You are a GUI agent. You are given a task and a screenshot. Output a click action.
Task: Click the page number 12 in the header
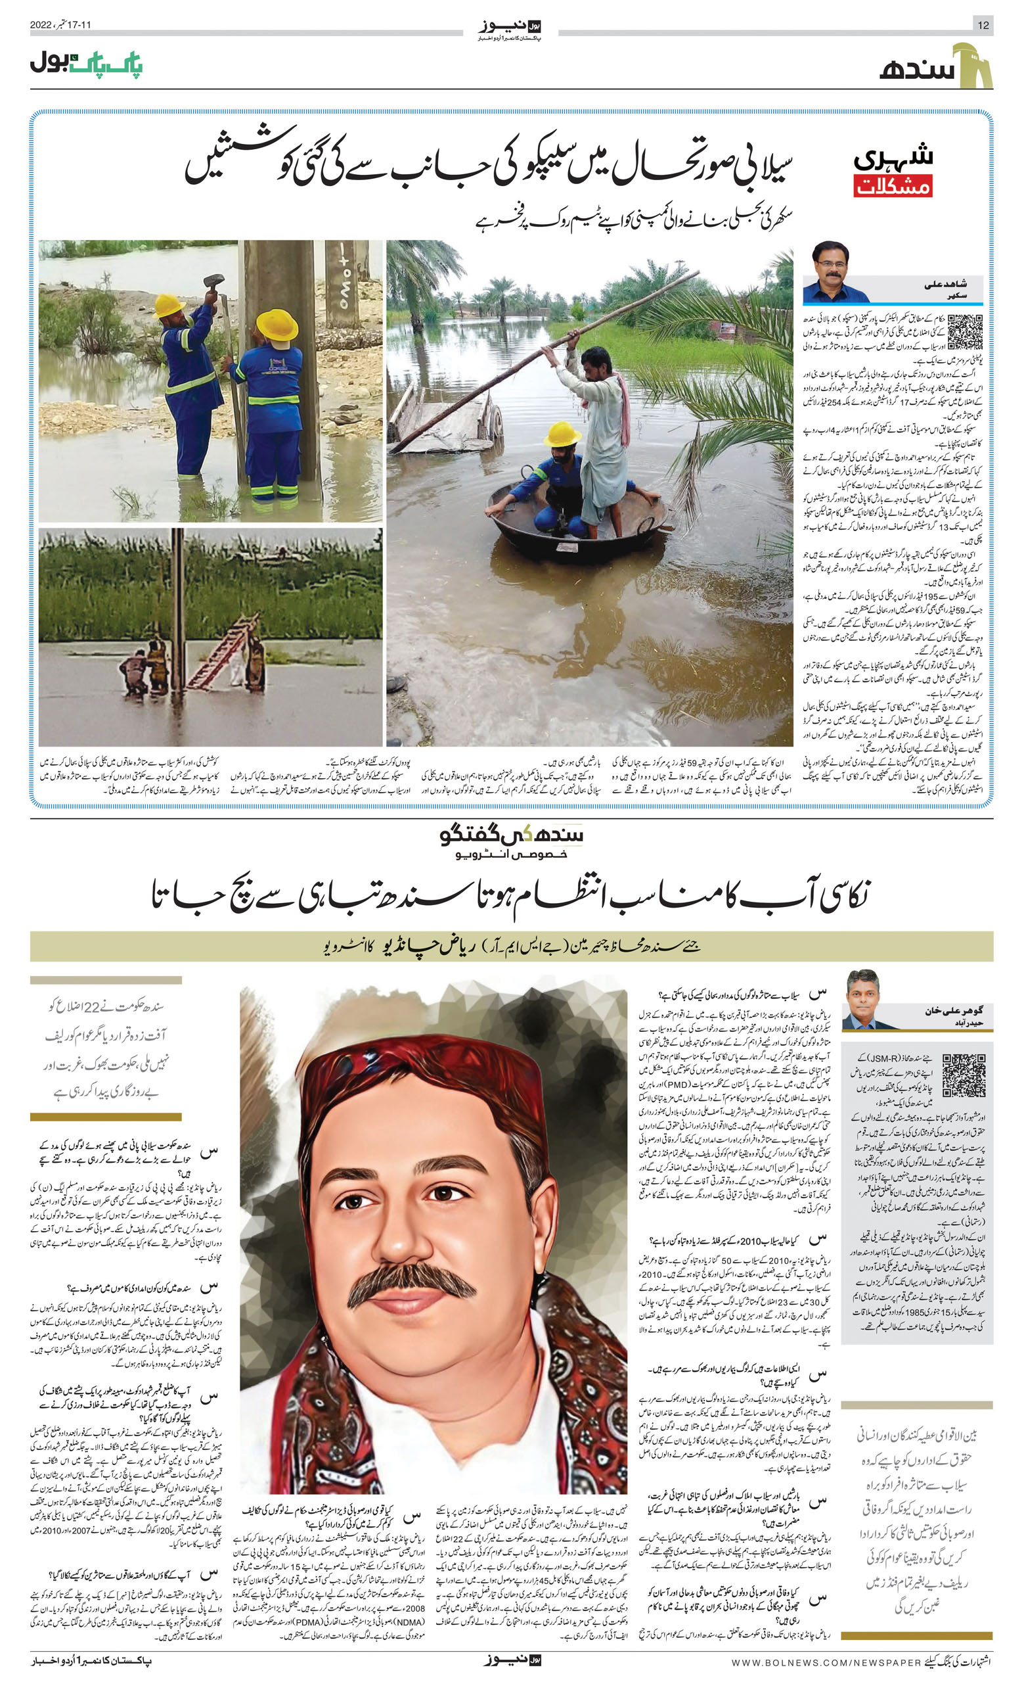coord(983,25)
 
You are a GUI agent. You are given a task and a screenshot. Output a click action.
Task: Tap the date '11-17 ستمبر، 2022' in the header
coord(60,24)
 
